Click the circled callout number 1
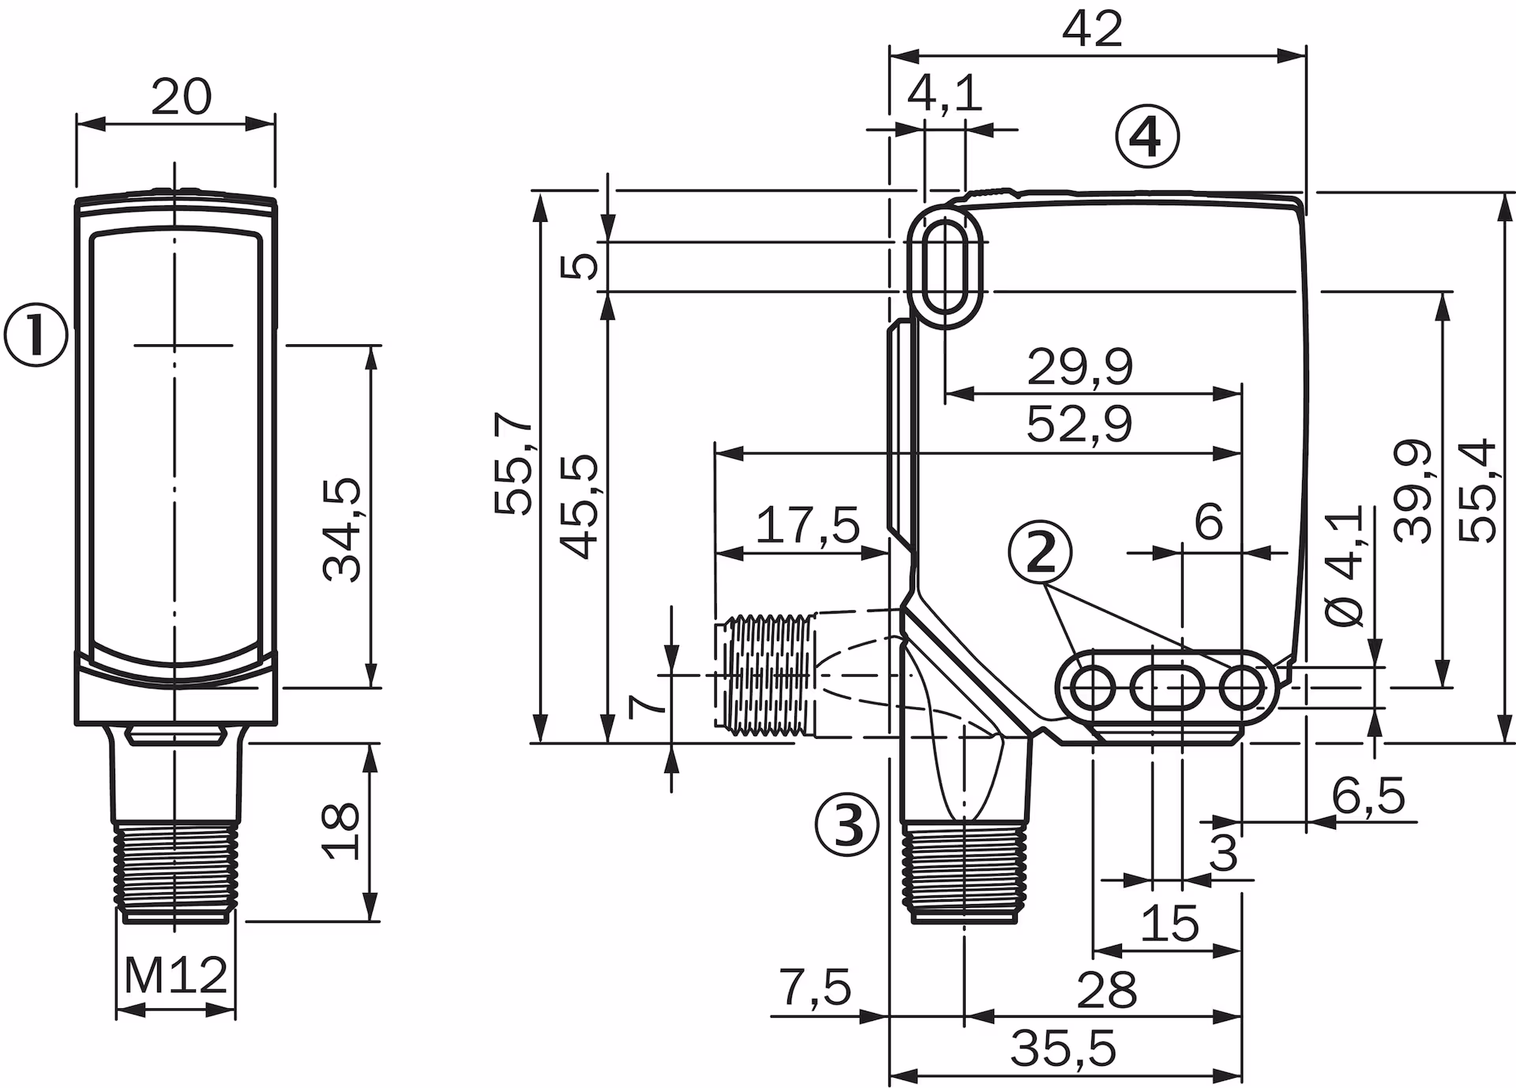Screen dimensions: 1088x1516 click(36, 336)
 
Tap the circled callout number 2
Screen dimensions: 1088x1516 click(1041, 553)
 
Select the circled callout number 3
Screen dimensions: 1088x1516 click(846, 826)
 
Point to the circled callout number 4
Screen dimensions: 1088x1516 click(1146, 138)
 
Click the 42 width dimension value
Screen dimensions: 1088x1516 click(1093, 30)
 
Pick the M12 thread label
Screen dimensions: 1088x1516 click(175, 976)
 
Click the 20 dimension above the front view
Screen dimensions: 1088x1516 click(181, 97)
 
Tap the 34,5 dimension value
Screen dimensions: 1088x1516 click(343, 529)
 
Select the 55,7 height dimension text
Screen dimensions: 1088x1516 click(513, 463)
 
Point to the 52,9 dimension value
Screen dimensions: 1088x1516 click(1079, 424)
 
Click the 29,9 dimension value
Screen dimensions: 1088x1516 click(1079, 366)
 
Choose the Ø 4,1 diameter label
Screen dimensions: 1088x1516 click(1344, 566)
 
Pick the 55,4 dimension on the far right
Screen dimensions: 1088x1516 click(1478, 490)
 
